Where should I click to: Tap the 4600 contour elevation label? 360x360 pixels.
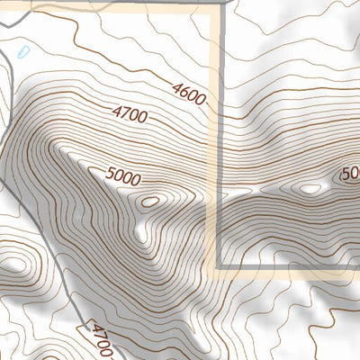[x=188, y=93]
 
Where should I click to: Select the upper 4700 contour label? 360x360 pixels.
[x=130, y=114]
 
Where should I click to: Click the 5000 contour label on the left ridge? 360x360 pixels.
[x=122, y=178]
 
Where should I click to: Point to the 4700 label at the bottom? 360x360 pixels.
[x=101, y=340]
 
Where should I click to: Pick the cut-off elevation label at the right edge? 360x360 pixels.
[x=351, y=173]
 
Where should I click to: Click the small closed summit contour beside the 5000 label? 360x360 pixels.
[x=150, y=201]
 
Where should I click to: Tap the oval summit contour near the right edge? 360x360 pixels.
[x=310, y=189]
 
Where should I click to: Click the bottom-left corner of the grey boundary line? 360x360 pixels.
[x=220, y=266]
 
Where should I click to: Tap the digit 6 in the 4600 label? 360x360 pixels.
[x=183, y=89]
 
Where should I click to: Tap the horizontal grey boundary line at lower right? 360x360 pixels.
[x=288, y=266]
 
